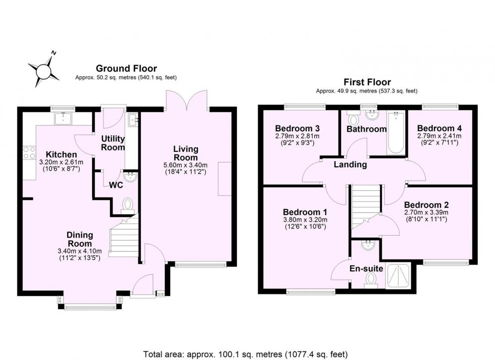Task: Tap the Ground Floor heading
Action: [x=126, y=68]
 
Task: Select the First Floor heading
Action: [x=367, y=82]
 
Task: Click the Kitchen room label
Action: [x=61, y=154]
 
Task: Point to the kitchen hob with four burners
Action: [x=29, y=153]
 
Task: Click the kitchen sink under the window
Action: [x=63, y=118]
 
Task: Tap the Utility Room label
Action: [x=113, y=143]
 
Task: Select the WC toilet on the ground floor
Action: [x=128, y=206]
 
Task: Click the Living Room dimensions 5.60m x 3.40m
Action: [x=186, y=165]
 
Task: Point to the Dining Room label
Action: [x=80, y=239]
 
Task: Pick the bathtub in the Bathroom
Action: [x=396, y=133]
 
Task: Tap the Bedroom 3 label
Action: [x=297, y=129]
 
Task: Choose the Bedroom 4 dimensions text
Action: [x=439, y=139]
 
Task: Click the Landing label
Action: [x=350, y=164]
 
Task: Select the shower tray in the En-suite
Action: [x=398, y=276]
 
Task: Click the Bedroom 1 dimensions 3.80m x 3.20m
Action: [x=305, y=220]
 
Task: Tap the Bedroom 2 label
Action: [x=426, y=205]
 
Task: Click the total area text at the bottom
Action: [x=246, y=355]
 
